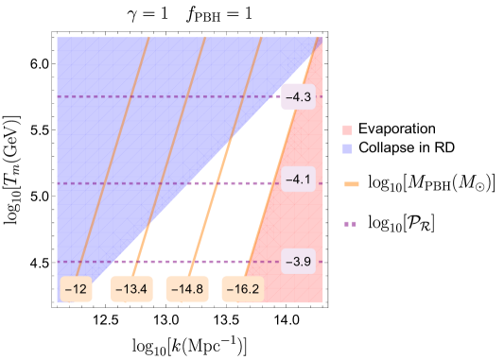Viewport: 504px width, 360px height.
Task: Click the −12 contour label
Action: click(x=76, y=289)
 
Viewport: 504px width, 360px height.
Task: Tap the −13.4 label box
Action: click(x=131, y=289)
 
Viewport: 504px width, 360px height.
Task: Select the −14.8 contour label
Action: click(x=186, y=289)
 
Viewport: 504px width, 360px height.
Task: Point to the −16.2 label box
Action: click(x=243, y=289)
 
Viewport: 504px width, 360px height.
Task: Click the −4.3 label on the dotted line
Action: click(x=299, y=96)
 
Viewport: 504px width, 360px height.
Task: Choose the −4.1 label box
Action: click(x=299, y=179)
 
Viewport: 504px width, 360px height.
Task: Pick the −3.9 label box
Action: click(x=299, y=261)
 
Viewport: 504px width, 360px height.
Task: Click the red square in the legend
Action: click(x=347, y=130)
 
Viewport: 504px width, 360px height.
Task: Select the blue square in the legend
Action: click(x=347, y=149)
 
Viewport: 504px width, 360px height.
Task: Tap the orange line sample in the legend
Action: click(x=352, y=184)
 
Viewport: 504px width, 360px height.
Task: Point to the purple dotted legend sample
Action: click(x=351, y=224)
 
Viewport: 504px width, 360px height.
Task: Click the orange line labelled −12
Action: click(x=113, y=151)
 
